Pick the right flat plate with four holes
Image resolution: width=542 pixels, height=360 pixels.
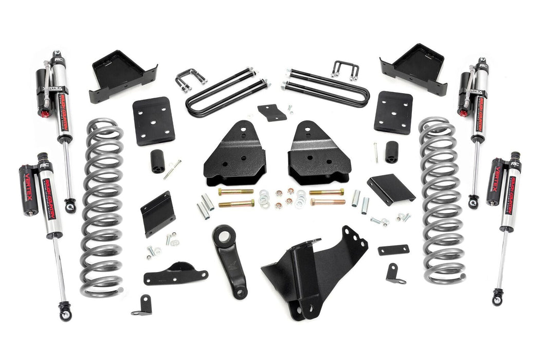(393, 112)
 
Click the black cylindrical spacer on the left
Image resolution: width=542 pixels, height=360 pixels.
(157, 160)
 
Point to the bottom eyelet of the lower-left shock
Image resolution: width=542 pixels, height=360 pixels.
(64, 310)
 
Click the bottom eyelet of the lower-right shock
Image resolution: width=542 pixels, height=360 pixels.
(497, 297)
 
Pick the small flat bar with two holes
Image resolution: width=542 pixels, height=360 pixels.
(393, 250)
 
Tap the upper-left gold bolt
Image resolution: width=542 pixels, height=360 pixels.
(235, 192)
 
